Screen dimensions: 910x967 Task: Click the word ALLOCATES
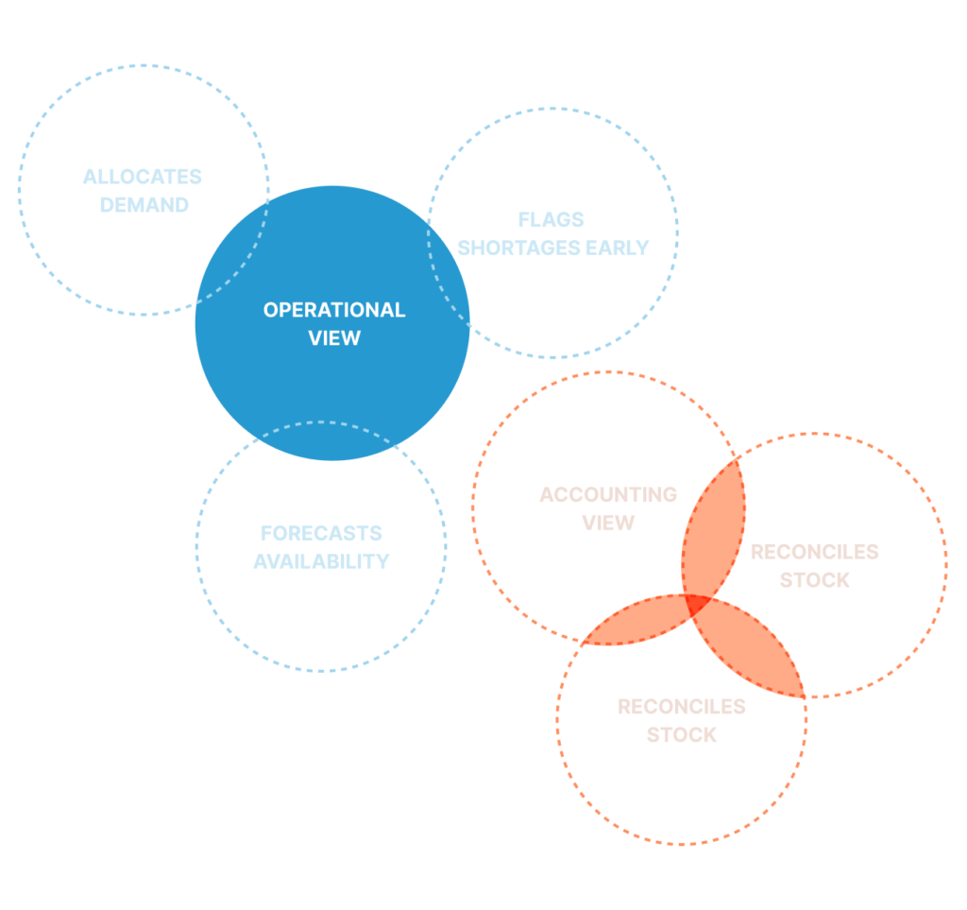143,177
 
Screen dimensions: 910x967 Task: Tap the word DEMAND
144,205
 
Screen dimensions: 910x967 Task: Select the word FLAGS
551,220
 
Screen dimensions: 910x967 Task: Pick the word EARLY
618,248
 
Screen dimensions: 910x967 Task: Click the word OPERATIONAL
333,310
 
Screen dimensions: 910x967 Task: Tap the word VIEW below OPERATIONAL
334,337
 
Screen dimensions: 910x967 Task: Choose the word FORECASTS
321,533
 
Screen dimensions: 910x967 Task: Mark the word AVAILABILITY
321,561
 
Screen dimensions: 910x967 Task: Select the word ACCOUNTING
608,495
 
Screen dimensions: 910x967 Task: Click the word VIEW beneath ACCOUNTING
608,523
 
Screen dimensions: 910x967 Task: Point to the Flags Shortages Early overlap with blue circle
449,274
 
